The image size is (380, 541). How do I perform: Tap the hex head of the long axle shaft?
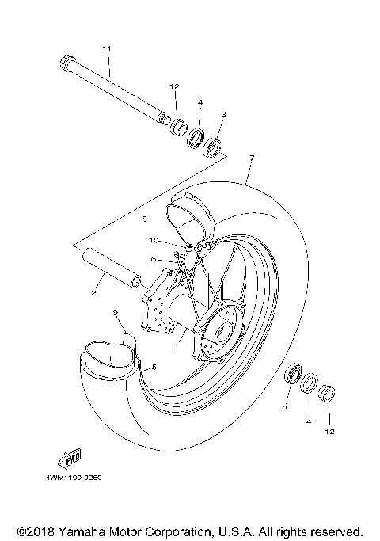click(66, 61)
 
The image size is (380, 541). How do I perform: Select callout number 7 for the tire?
click(251, 158)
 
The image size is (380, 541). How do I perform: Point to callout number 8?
click(146, 216)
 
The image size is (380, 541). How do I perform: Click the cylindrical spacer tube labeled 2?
click(112, 270)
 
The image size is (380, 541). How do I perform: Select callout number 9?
click(115, 314)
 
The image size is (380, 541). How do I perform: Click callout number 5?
click(154, 366)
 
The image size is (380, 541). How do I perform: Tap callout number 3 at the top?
click(223, 115)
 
